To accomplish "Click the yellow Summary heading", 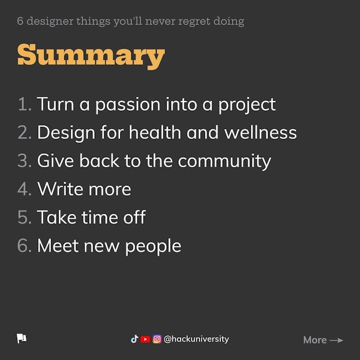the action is tap(91, 56).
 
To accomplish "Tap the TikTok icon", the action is tap(135, 339).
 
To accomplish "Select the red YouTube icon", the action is tap(145, 339).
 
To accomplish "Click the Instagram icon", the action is tap(157, 339).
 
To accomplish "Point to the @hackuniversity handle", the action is tap(196, 339).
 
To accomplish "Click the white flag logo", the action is tap(22, 338).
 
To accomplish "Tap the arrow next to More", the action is tap(336, 340).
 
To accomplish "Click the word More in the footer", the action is tap(315, 340).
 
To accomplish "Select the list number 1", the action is tap(24, 104).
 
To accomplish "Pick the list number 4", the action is tap(24, 189).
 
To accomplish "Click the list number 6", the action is tap(24, 246).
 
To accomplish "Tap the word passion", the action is tap(127, 106).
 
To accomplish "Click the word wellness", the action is tap(260, 132).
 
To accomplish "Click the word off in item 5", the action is tap(135, 217).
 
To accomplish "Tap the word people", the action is tap(153, 247).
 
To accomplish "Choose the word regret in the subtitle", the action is tap(194, 22).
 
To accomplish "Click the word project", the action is tap(247, 106).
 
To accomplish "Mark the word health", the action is tap(155, 132).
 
